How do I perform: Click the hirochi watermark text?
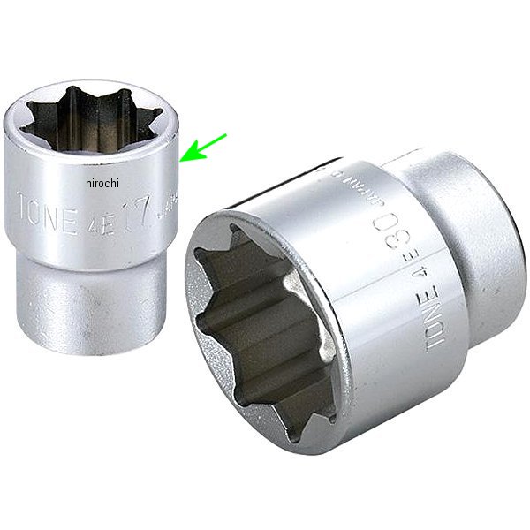pos(103,183)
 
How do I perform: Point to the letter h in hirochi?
pos(90,183)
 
